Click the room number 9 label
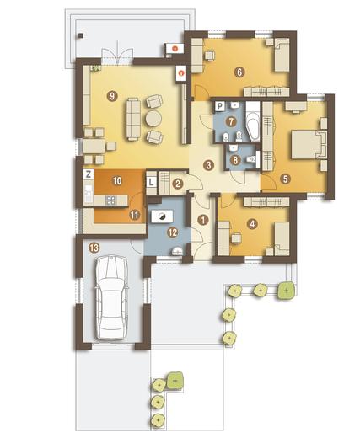pos(112,96)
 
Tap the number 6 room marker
pos(239,72)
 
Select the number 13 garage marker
pos(94,248)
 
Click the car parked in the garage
pos(111,297)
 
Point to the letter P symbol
pos(220,106)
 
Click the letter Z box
pos(89,174)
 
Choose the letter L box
pos(151,182)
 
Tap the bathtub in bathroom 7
pos(253,121)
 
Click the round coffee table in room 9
pos(153,119)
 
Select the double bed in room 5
pos(309,144)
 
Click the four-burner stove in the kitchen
pos(110,200)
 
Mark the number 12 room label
pos(173,232)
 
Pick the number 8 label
pos(235,160)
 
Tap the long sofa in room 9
pos(133,118)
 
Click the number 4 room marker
pos(253,224)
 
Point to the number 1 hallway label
pos(202,220)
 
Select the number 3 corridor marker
pos(208,165)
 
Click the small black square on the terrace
pos(81,35)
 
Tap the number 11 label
pos(134,215)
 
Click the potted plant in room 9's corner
pos(95,68)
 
